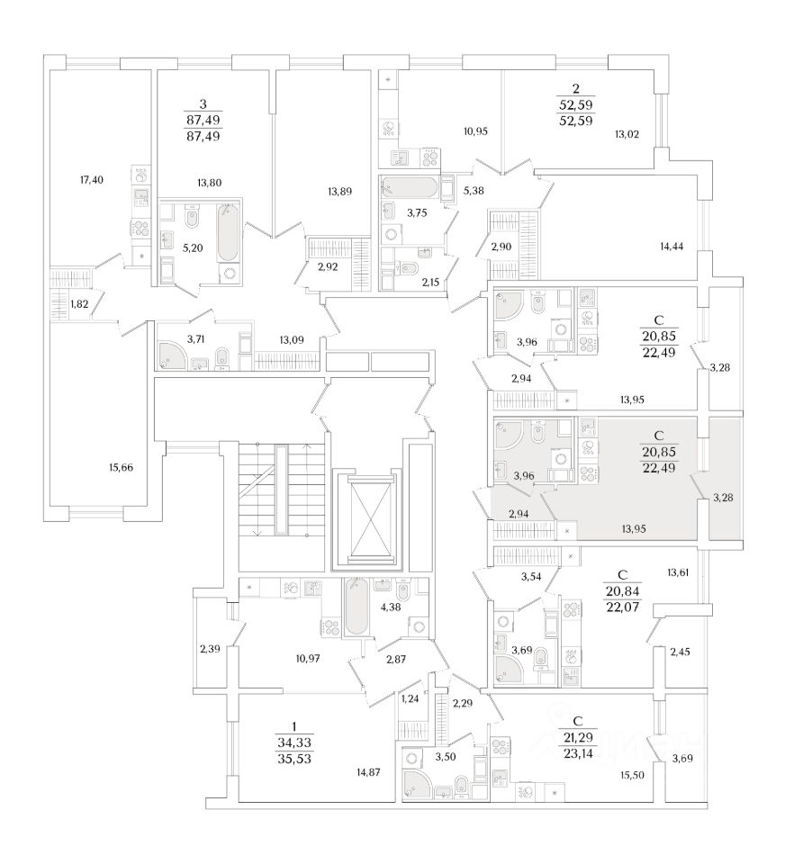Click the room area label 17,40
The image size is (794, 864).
pyautogui.click(x=93, y=180)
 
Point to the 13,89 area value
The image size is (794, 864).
pyautogui.click(x=340, y=190)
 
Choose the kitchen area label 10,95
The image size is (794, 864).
pyautogui.click(x=474, y=131)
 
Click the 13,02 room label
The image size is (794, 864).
pyautogui.click(x=627, y=135)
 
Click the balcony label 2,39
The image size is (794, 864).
pyautogui.click(x=208, y=649)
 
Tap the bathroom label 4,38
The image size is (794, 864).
pyautogui.click(x=390, y=607)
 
